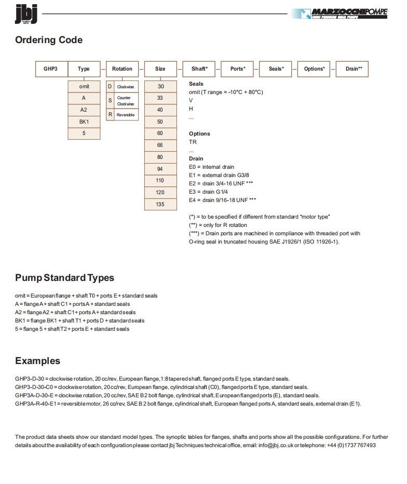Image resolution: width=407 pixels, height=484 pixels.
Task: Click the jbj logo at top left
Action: (x=26, y=14)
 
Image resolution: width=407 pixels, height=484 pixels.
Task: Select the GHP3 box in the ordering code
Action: (x=51, y=69)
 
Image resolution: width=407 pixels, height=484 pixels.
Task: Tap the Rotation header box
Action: (x=122, y=69)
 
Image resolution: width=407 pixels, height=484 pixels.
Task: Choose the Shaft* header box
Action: (x=199, y=69)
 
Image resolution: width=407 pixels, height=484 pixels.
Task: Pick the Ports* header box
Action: (x=238, y=69)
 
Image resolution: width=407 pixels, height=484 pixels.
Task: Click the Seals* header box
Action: (x=276, y=69)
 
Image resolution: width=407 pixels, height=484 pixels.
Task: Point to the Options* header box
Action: (x=314, y=69)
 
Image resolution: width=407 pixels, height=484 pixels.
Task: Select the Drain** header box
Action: (x=354, y=69)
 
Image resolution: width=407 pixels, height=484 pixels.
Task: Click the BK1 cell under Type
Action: (x=84, y=122)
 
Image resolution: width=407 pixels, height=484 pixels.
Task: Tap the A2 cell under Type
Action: (x=84, y=110)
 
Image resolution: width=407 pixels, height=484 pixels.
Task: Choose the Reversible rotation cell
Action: (x=123, y=115)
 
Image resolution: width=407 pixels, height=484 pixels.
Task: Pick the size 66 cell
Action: (x=160, y=145)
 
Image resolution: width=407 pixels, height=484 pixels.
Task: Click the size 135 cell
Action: (x=160, y=204)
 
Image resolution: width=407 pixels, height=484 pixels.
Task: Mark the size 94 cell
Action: (x=160, y=169)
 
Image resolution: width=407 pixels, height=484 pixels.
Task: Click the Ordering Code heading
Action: (x=49, y=40)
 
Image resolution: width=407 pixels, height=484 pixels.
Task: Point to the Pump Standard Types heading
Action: (x=64, y=277)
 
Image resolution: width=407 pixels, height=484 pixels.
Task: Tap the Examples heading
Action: (x=37, y=361)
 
